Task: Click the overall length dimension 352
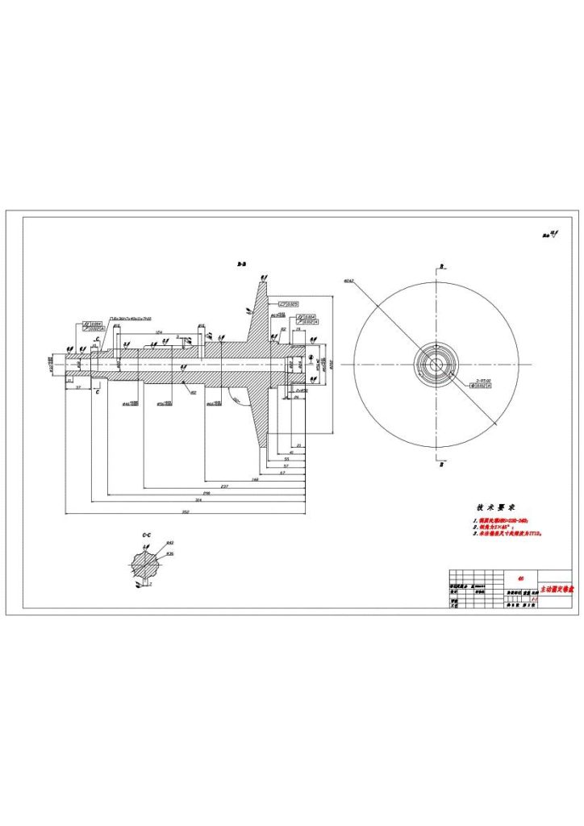click(185, 511)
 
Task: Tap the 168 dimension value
click(255, 479)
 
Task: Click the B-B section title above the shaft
click(240, 264)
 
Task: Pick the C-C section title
click(146, 535)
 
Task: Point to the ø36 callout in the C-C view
click(170, 554)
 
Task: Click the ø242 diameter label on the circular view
click(348, 281)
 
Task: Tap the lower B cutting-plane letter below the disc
click(441, 465)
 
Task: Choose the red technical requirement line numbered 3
click(507, 533)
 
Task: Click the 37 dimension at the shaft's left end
click(77, 387)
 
